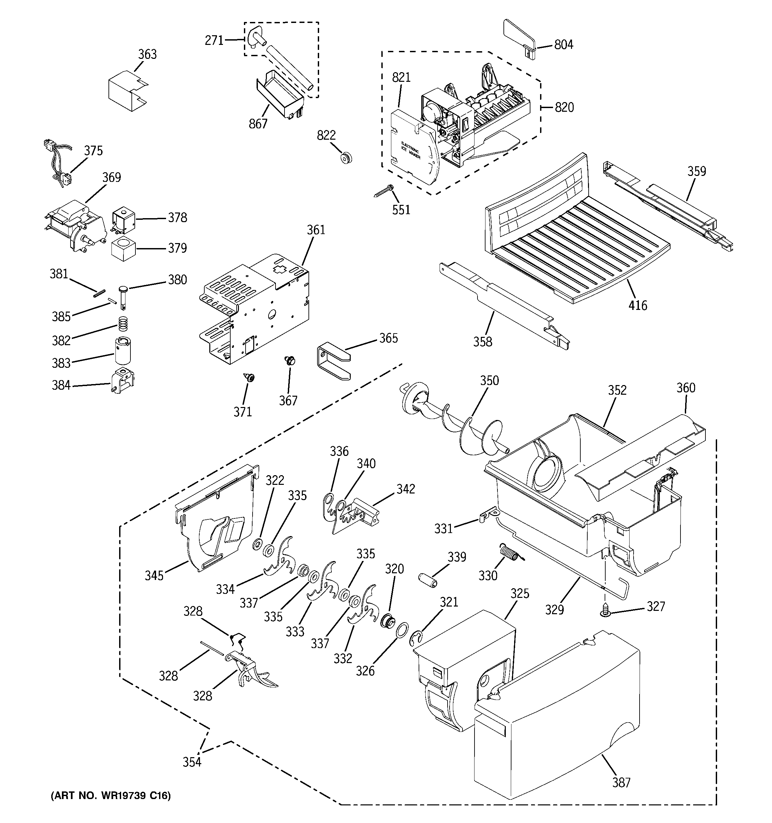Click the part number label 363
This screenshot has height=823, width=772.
tap(147, 54)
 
